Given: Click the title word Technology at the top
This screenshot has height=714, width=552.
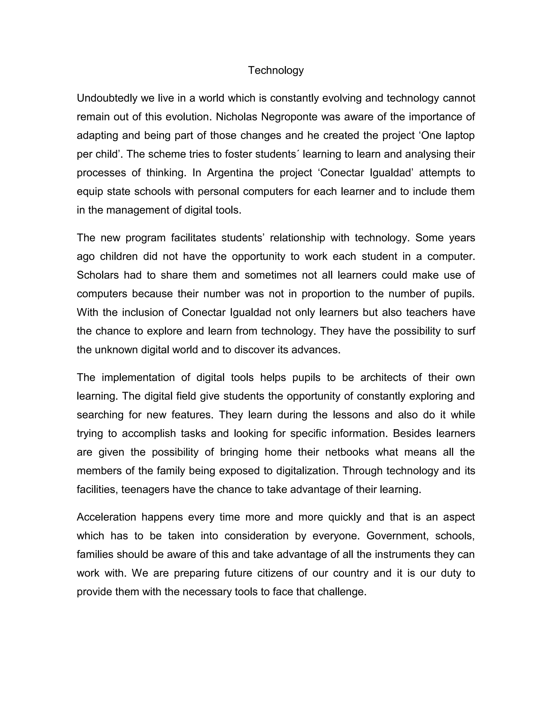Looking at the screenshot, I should (x=276, y=70).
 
